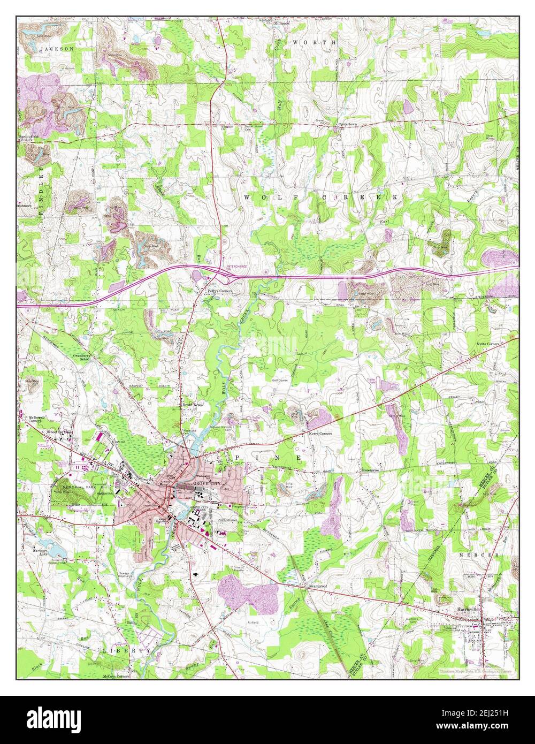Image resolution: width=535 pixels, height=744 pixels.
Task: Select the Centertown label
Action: click(347, 125)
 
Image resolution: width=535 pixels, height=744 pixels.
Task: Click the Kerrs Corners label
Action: click(320, 433)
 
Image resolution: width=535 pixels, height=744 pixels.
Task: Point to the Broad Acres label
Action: click(193, 405)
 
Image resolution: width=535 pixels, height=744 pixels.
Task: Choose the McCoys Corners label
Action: click(116, 676)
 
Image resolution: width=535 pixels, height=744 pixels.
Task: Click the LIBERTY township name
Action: click(125, 650)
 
